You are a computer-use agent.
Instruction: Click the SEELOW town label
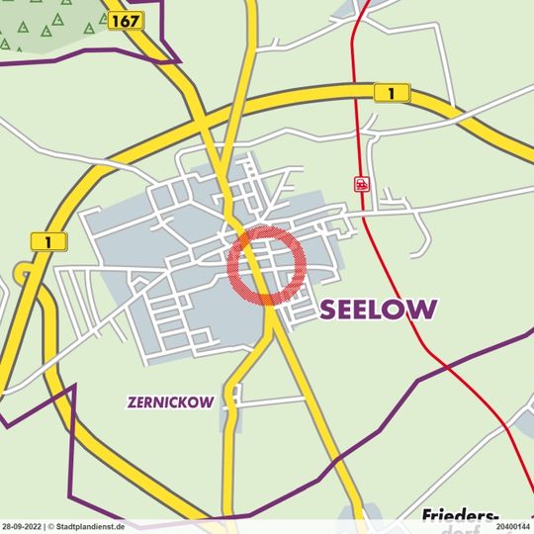tap(378, 310)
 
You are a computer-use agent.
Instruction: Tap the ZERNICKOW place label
tap(172, 402)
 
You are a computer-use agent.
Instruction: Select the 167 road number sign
tap(125, 21)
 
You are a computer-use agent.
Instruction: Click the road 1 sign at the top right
tap(393, 93)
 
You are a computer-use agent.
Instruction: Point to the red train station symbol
tap(362, 184)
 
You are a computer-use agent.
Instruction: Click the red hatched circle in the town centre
tap(267, 264)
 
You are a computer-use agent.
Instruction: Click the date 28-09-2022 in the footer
tap(21, 527)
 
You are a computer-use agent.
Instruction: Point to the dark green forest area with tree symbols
tap(44, 25)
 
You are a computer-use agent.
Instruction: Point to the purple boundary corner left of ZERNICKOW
tap(73, 390)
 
